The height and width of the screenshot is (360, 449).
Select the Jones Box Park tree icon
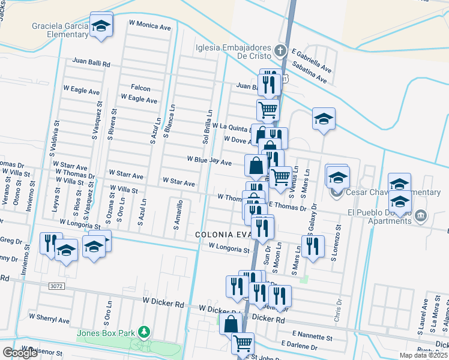(143, 331)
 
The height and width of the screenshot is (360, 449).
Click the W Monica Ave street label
(150, 26)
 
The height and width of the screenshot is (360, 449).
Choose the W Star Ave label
(178, 182)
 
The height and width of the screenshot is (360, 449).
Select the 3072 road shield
(53, 287)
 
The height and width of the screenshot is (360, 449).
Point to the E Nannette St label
(312, 334)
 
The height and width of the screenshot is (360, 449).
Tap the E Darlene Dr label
(299, 346)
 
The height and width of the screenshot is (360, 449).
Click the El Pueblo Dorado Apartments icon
(421, 215)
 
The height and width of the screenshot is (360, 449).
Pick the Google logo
(20, 353)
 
